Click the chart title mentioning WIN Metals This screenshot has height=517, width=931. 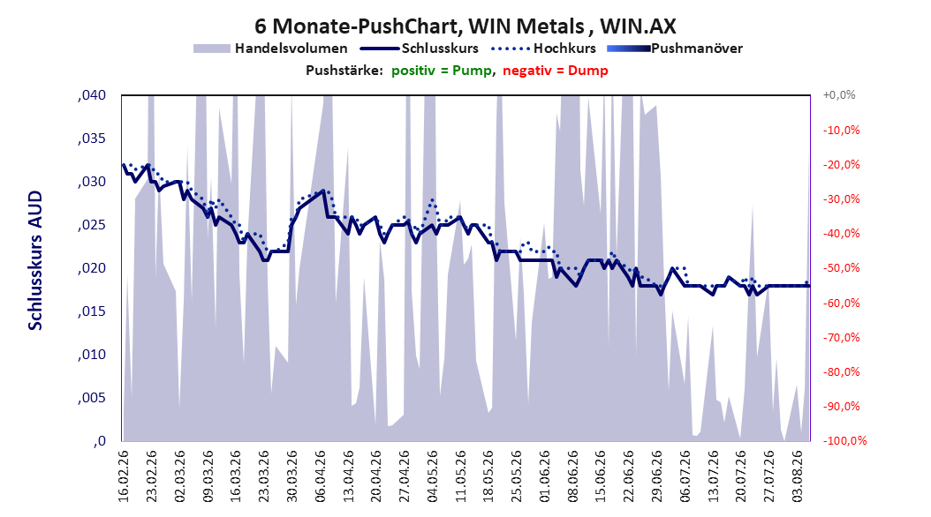(465, 26)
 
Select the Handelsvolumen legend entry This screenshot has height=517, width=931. (270, 49)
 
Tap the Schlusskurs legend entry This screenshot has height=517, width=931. (420, 49)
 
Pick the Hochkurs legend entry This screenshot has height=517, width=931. (543, 49)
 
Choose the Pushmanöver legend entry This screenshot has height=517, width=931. (675, 49)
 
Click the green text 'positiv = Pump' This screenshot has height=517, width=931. (441, 71)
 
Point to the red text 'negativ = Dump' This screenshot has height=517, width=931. (556, 71)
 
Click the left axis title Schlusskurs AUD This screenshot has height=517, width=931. (35, 260)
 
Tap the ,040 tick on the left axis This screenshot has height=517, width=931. (92, 95)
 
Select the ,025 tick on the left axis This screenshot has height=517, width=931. (92, 225)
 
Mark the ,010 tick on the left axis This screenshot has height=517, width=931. (92, 355)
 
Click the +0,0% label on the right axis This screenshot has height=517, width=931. (839, 95)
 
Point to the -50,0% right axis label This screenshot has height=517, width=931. (841, 268)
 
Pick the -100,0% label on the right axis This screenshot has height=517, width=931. (844, 440)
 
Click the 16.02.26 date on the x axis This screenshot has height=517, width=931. (124, 476)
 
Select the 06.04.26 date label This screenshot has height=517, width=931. (320, 476)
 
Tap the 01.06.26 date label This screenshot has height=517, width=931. (544, 476)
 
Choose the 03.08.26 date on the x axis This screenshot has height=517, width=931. (797, 476)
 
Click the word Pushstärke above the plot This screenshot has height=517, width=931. (344, 71)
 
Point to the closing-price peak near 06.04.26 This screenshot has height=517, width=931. (323, 191)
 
